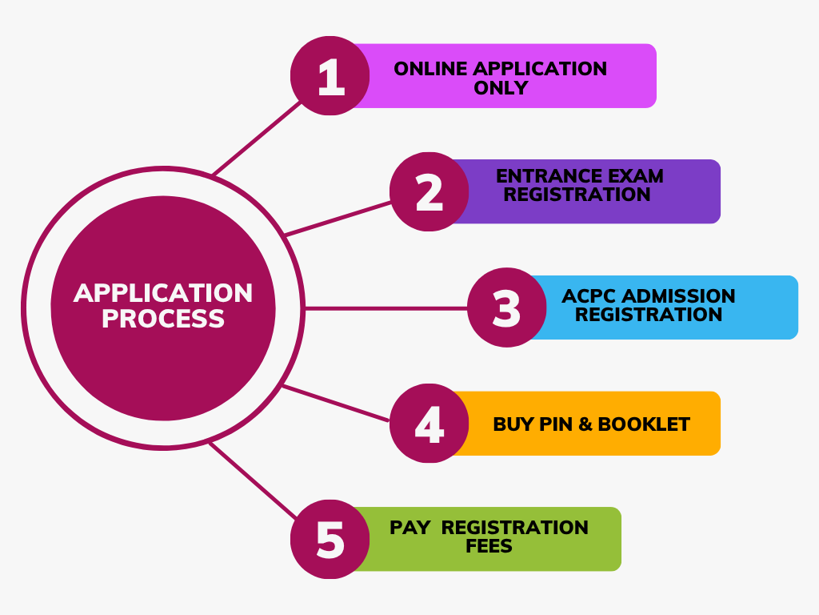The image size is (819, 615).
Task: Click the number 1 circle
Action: (330, 76)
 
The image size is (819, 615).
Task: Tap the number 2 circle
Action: (429, 192)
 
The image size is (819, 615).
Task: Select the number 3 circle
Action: (506, 307)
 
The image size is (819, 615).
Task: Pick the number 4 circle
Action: (429, 424)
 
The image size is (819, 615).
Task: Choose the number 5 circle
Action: (330, 539)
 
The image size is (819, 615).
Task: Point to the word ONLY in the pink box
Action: (501, 88)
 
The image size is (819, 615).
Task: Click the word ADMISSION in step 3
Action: (680, 295)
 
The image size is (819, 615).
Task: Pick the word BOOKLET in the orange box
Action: (644, 424)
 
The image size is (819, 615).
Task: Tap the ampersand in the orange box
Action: (585, 424)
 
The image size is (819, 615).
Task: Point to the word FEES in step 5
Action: (489, 547)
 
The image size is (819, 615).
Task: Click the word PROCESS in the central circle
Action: (163, 319)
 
